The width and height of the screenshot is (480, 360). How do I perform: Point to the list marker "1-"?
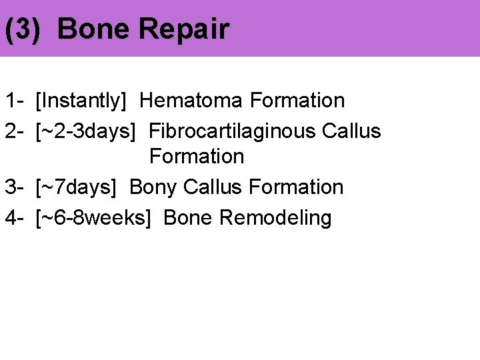[x=15, y=101]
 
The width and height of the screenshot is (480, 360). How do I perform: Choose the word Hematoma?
[x=192, y=101]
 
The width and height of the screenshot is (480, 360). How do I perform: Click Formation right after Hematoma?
[x=297, y=101]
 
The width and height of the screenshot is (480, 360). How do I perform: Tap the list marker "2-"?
[x=15, y=131]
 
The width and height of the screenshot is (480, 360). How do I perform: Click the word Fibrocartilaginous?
[x=232, y=131]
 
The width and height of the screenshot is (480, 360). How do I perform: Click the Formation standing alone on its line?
[x=197, y=157]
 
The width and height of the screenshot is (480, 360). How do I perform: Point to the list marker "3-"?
[x=15, y=187]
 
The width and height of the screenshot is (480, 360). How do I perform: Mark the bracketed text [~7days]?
[x=75, y=187]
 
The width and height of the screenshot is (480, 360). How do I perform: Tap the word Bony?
[x=153, y=187]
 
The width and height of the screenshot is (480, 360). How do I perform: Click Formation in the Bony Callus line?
[x=297, y=187]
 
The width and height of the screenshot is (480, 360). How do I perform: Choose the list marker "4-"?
[x=15, y=218]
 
